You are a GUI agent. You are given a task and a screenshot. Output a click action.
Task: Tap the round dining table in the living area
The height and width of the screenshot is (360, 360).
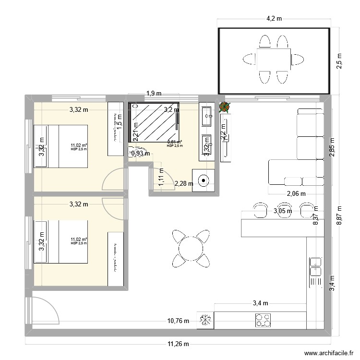(191, 248)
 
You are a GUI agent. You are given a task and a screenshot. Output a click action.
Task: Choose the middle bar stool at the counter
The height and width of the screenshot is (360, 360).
(283, 209)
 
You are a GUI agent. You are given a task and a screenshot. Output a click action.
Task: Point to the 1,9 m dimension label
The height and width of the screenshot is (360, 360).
(154, 94)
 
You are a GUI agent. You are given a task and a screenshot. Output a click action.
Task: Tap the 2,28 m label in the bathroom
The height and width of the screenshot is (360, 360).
(184, 183)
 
